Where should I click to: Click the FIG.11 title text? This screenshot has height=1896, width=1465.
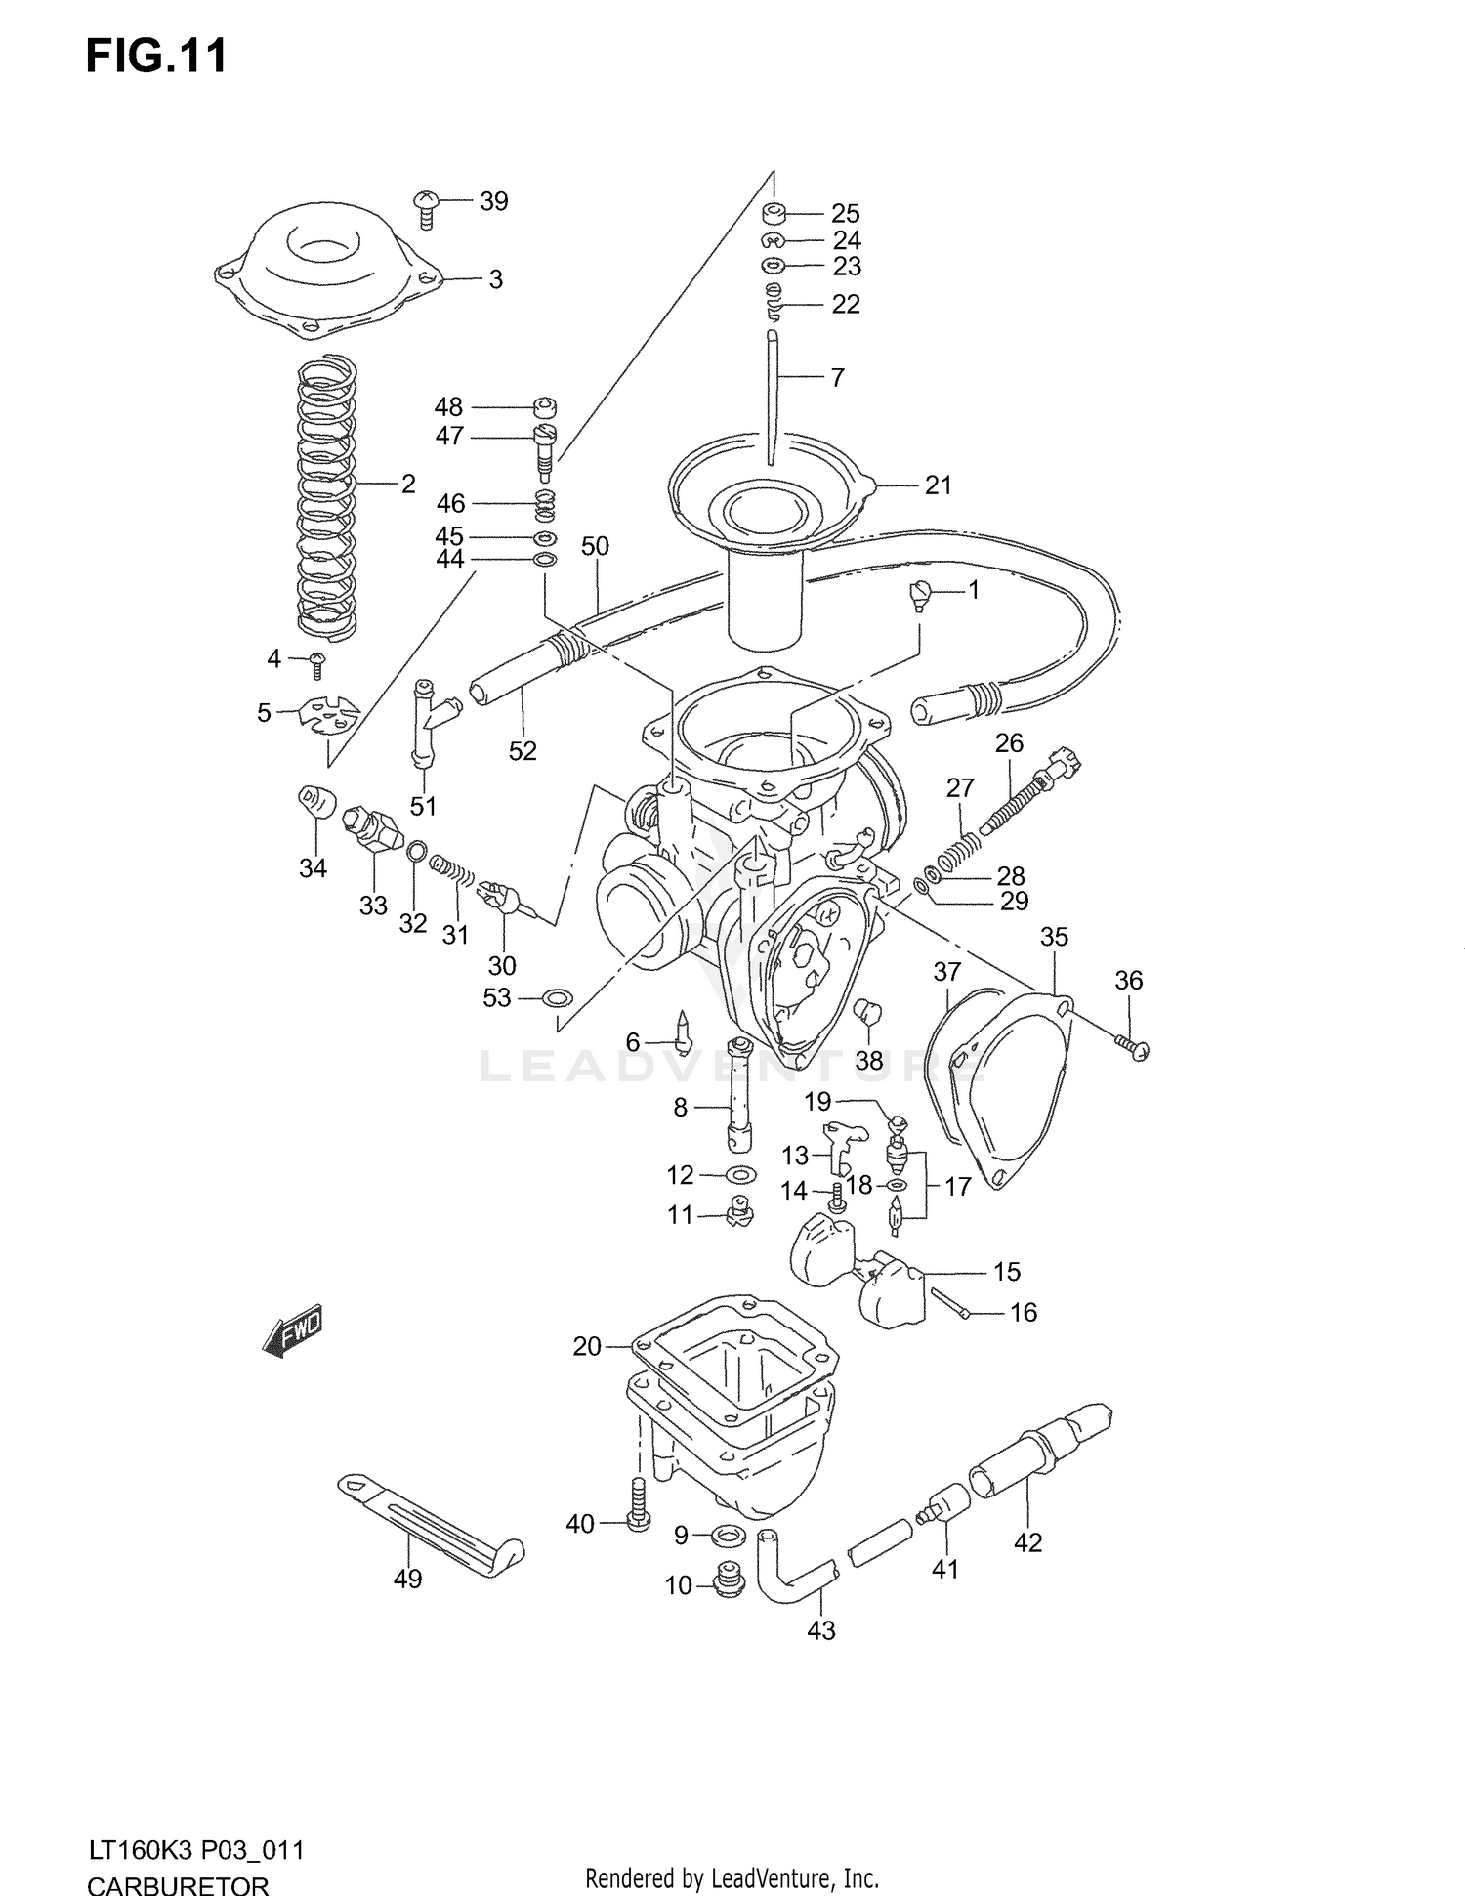point(156,56)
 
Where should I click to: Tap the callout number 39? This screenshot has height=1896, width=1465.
point(494,201)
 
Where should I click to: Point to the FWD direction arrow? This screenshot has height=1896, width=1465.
point(293,1331)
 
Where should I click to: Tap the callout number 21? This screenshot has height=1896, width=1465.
point(938,485)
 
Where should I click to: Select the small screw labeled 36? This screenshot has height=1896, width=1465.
point(1133,1048)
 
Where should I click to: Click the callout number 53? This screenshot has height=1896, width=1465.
point(497,998)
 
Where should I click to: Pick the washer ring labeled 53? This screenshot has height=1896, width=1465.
point(557,998)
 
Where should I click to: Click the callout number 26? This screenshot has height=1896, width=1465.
point(1009,743)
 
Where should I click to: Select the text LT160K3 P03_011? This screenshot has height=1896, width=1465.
point(195,1850)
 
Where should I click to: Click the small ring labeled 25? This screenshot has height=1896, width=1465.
point(775,213)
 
